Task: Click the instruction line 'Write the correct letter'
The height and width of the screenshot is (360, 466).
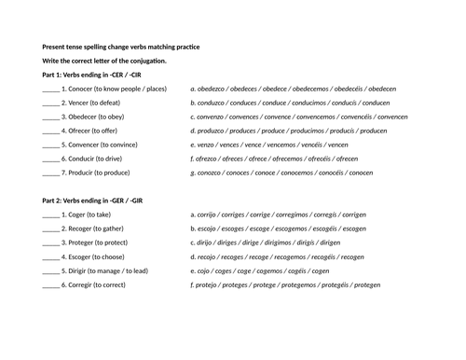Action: [x=104, y=61]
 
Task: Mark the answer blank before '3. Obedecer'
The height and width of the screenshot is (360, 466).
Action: [x=50, y=117]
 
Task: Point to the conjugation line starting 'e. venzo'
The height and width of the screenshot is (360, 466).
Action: [x=269, y=145]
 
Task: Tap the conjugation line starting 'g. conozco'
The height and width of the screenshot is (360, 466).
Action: [x=281, y=173]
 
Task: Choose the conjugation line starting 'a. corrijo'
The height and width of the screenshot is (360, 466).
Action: [x=276, y=214]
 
